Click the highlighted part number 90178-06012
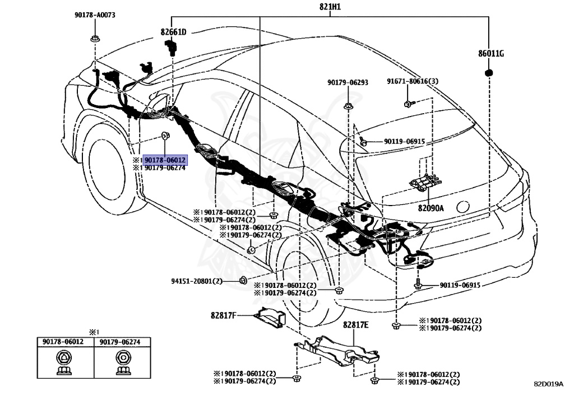(165, 160)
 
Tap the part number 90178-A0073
(94, 15)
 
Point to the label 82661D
(174, 32)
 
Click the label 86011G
(491, 54)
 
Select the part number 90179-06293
(348, 82)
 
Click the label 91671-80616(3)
(413, 81)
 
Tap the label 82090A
(430, 208)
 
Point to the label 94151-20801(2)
(197, 281)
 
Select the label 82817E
(356, 324)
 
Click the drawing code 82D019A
(548, 384)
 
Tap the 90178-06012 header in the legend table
(63, 341)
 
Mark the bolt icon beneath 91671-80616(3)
(408, 103)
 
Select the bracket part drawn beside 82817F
(268, 318)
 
